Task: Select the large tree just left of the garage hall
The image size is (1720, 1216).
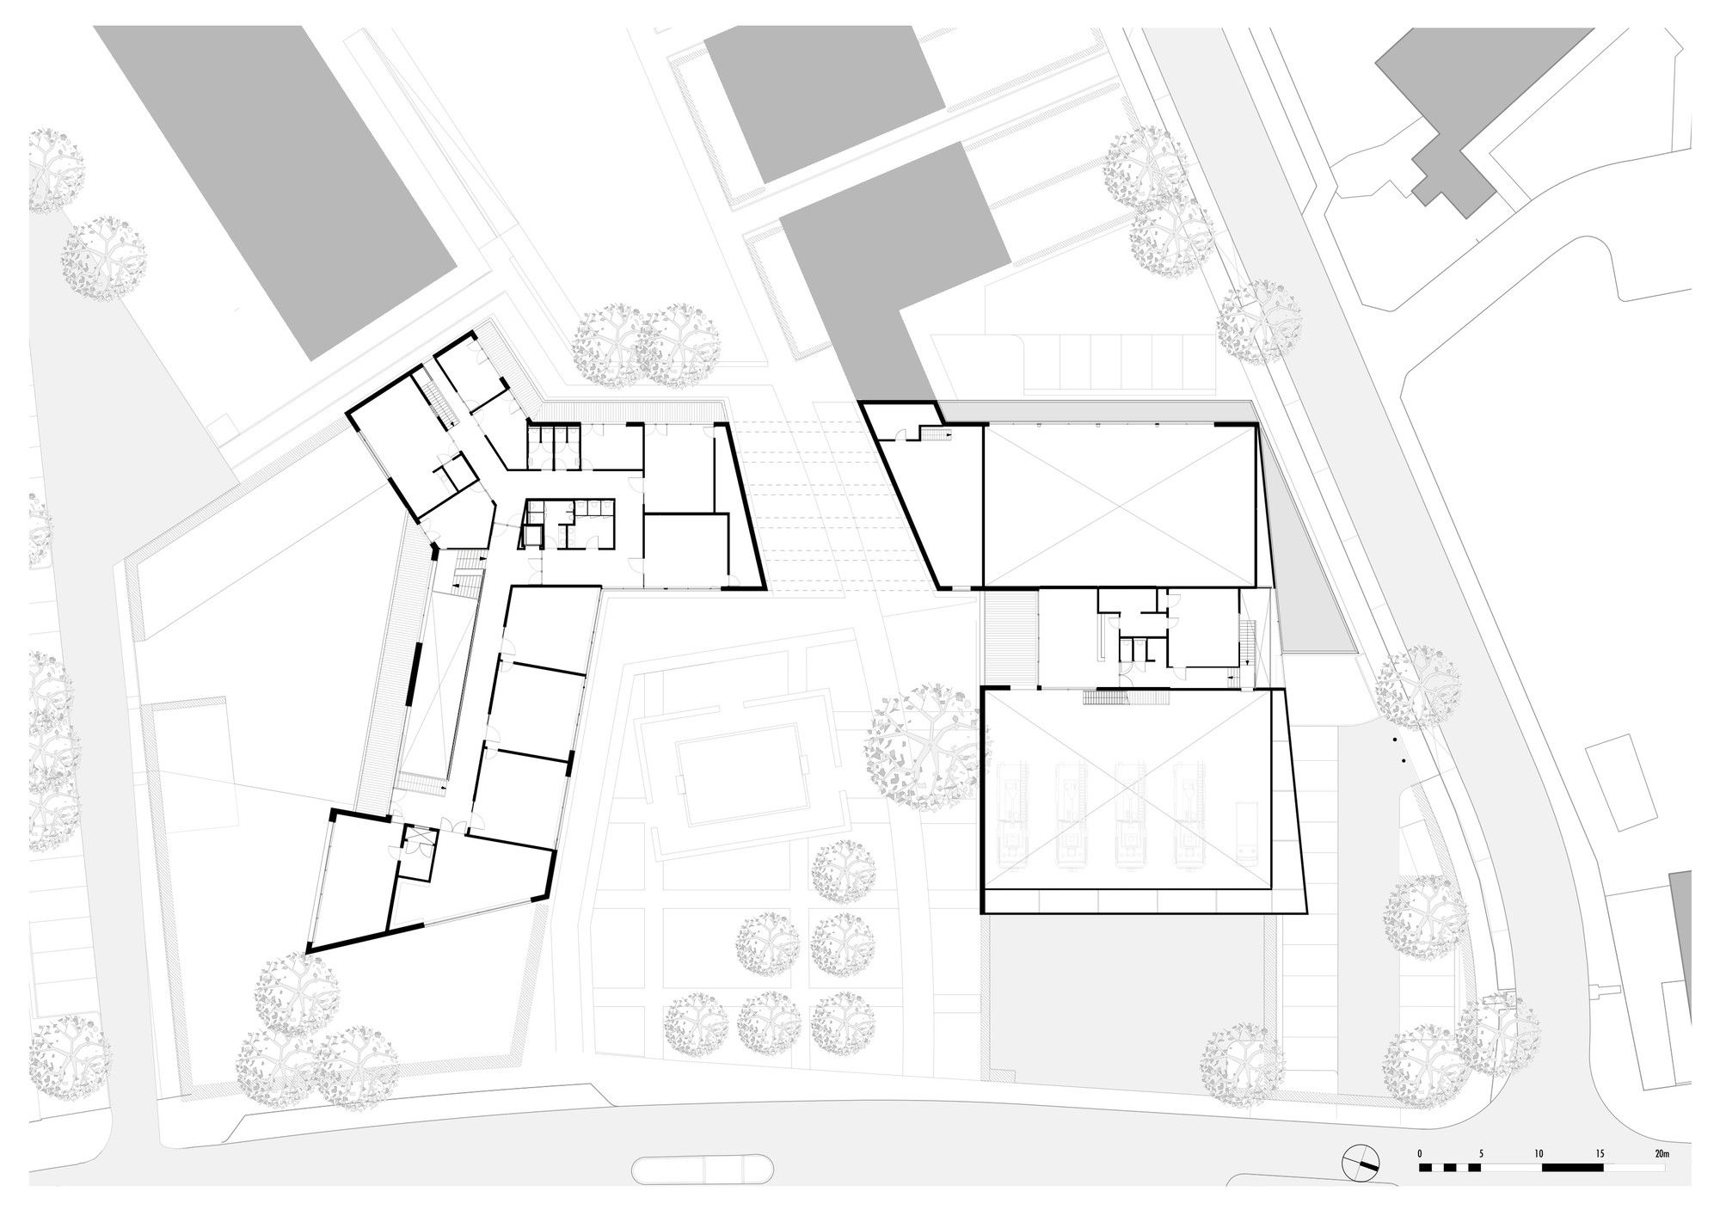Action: coord(923,746)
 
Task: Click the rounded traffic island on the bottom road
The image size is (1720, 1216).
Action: coord(703,1169)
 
